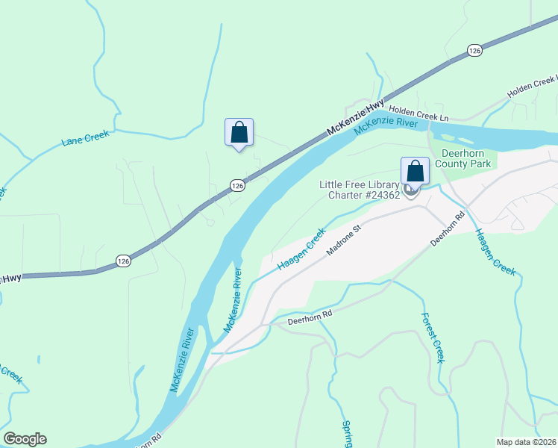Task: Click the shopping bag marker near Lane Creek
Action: click(239, 133)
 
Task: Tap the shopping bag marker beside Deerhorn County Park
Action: click(415, 172)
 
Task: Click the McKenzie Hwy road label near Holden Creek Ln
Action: click(356, 117)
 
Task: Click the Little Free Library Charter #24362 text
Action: click(360, 190)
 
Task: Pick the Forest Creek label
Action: click(433, 337)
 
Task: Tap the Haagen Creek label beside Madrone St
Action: click(301, 250)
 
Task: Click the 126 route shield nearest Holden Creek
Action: click(474, 49)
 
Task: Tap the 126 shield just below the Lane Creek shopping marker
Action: click(236, 184)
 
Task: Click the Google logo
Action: click(25, 439)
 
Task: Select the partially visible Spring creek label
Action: click(346, 435)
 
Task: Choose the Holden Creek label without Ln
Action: click(531, 89)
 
